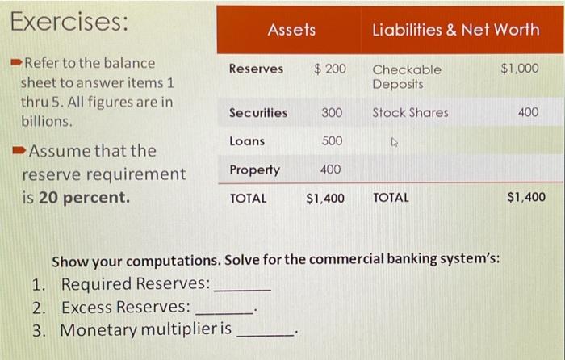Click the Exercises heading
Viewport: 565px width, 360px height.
click(69, 23)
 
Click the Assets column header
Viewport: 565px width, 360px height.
click(291, 30)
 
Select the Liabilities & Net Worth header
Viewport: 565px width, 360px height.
click(455, 30)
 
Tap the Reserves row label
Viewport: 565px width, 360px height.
click(256, 69)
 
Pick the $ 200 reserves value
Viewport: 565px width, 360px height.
click(329, 69)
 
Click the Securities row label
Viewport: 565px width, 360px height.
click(257, 113)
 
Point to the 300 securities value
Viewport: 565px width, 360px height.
click(332, 113)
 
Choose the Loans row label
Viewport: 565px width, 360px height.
click(247, 141)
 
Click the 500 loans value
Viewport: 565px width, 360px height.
click(332, 141)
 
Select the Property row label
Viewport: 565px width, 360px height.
click(254, 170)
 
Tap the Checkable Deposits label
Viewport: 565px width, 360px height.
click(407, 77)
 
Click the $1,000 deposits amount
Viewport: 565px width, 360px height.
click(520, 69)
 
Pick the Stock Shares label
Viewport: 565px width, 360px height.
click(410, 113)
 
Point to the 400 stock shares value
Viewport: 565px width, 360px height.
click(528, 113)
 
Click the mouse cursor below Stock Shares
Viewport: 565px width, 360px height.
click(395, 142)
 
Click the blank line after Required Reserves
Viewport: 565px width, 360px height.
click(242, 287)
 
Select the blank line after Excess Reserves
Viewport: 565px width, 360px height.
click(225, 309)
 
